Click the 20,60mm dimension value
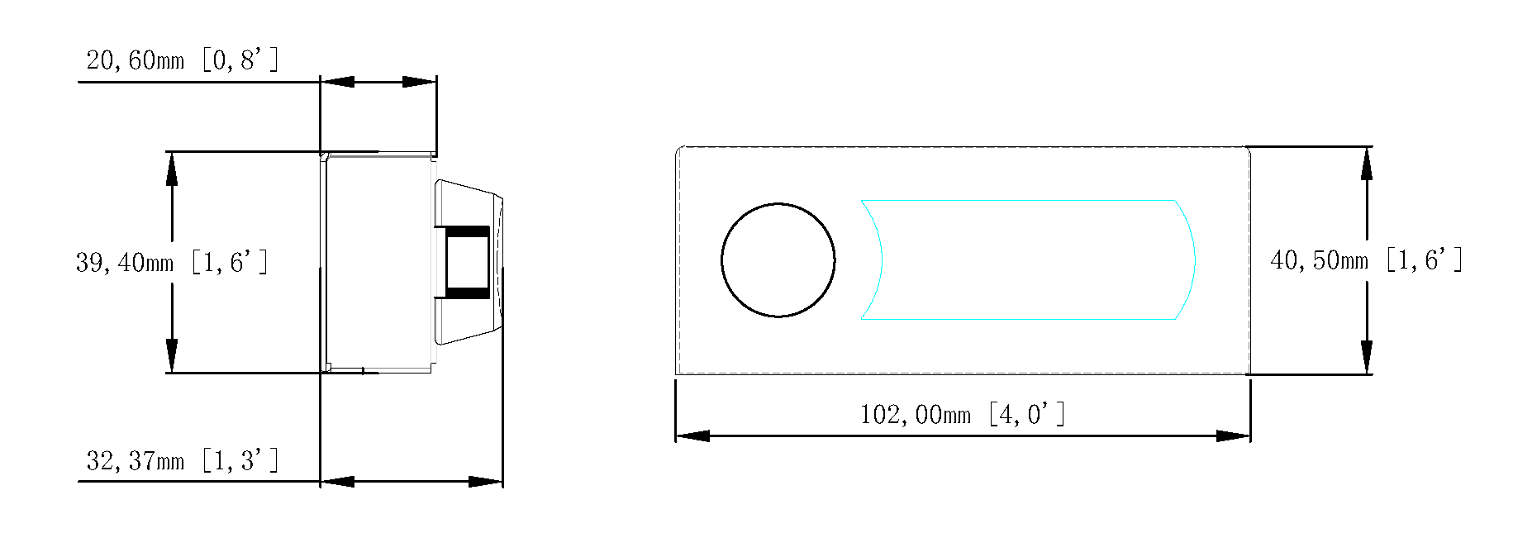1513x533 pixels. tap(135, 60)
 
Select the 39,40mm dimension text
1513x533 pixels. tap(125, 263)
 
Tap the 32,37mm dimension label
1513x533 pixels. tap(135, 461)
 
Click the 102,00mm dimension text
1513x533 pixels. tap(915, 415)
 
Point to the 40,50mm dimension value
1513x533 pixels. tap(1319, 261)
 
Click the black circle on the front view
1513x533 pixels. tap(778, 259)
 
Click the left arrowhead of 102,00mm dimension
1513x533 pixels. tap(692, 435)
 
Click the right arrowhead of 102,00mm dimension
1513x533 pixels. tap(1233, 435)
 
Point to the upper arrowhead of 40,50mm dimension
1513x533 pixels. tap(1367, 164)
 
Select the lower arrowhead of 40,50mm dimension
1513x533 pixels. tap(1367, 357)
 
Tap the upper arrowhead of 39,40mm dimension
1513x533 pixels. tap(172, 169)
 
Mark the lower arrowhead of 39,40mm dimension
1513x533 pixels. tap(172, 355)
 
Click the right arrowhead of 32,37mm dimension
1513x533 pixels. tap(486, 481)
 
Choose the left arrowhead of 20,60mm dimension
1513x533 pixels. tap(337, 82)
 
